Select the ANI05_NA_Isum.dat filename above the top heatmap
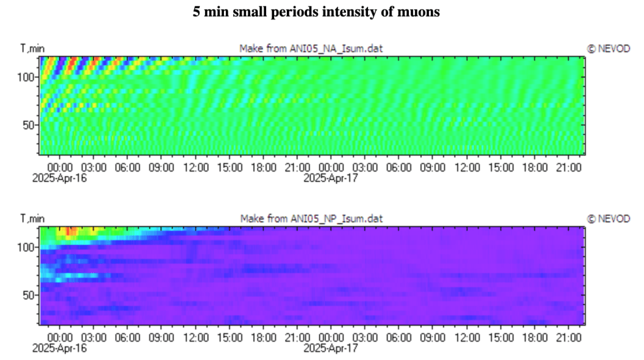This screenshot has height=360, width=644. coord(336,48)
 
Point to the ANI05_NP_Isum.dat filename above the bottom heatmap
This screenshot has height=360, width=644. coord(336,218)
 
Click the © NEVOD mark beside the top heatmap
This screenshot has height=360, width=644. coord(608,48)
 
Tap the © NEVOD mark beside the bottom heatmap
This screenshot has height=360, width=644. coord(608,218)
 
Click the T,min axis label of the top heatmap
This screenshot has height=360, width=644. coord(33,48)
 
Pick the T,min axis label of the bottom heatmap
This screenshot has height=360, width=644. coord(33,218)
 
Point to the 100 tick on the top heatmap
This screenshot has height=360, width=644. coord(25,77)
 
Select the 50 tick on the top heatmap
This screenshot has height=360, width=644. coord(28,125)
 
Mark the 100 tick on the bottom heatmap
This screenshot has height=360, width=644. coord(25,247)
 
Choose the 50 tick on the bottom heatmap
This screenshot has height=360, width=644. coord(28,295)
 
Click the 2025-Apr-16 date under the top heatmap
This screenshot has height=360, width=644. coord(60,178)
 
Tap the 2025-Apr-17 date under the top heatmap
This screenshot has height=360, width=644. coord(331,178)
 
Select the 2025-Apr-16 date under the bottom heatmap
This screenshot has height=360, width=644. coord(60,348)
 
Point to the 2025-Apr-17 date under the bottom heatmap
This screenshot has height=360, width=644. coord(331,348)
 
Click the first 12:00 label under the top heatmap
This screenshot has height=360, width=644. coord(196,167)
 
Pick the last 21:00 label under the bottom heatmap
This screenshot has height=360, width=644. coord(569,338)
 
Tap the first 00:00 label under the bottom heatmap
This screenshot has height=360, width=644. coord(60,338)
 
